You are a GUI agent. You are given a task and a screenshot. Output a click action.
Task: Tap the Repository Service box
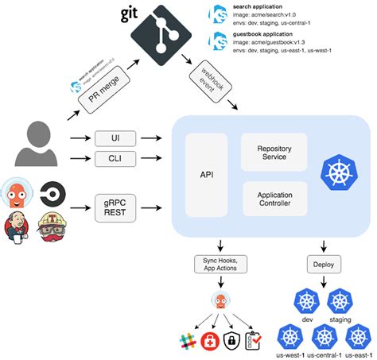(x=274, y=153)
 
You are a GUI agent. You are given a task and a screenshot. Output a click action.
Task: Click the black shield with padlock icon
(x=231, y=342)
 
